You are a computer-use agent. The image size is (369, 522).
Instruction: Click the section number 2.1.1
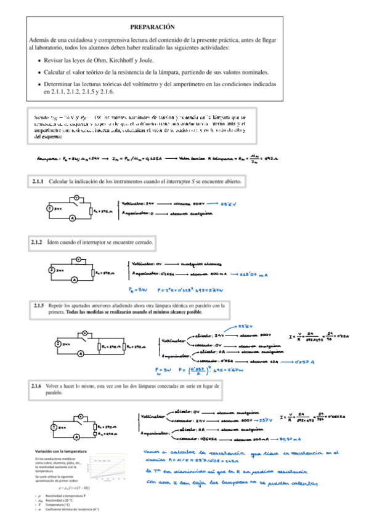tap(37, 182)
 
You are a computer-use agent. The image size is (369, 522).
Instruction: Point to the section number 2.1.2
tap(37, 243)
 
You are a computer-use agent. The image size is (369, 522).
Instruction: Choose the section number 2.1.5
tap(38, 305)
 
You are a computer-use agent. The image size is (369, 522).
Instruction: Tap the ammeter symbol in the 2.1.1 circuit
tap(73, 219)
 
